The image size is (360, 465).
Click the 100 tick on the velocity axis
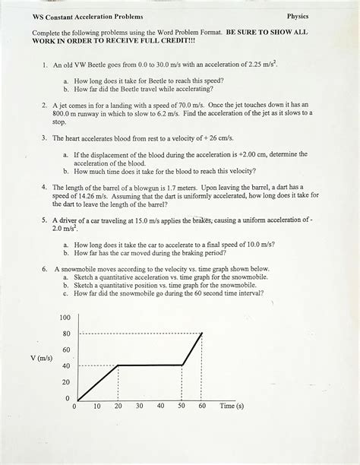coord(65,317)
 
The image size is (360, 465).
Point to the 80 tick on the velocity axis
coord(66,333)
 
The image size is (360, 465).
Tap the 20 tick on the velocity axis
coord(66,382)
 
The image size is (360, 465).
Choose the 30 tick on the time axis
coord(139,406)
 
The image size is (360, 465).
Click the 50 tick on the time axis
coord(182,406)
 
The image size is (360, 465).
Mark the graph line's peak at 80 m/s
coord(202,333)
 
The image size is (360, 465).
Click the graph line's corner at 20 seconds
coord(118,365)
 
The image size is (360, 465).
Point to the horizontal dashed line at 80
coord(137,333)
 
